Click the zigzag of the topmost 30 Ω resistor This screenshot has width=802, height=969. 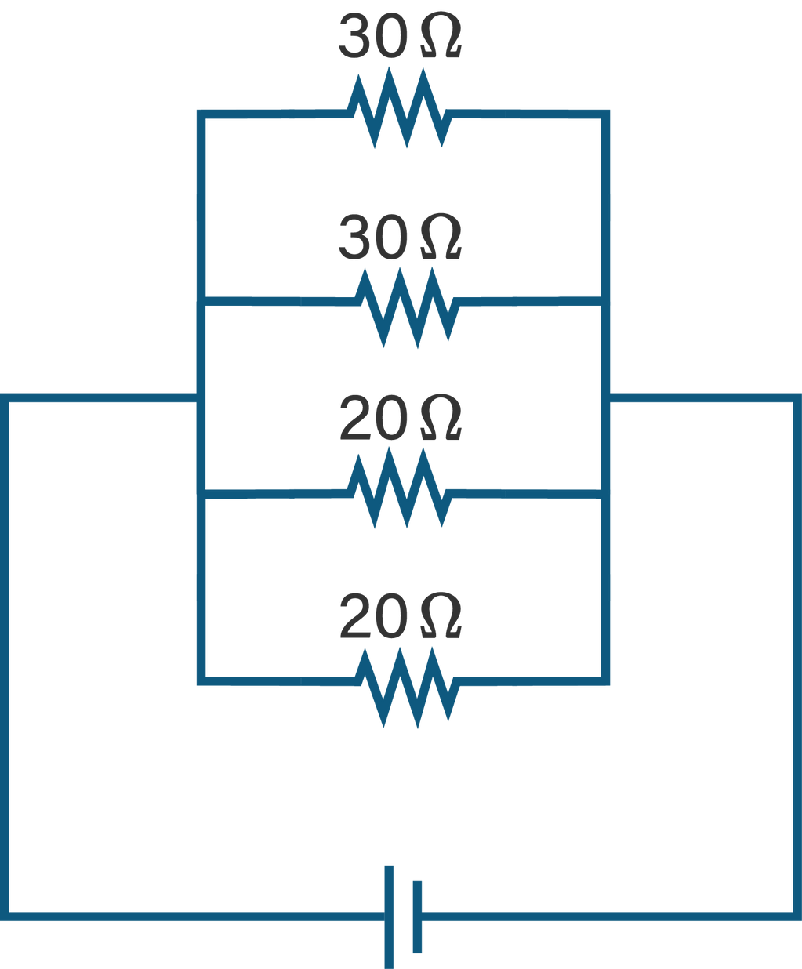(x=398, y=108)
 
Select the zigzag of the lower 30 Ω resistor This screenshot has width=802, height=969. (x=407, y=307)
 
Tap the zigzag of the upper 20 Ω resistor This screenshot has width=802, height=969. (x=398, y=488)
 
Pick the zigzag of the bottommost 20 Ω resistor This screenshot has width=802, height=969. (x=407, y=688)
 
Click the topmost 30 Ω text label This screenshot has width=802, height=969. (x=400, y=36)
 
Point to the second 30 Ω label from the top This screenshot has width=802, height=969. (x=400, y=237)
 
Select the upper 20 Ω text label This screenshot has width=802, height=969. (x=400, y=417)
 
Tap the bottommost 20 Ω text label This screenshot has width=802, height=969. (x=400, y=616)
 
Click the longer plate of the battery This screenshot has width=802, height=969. (x=389, y=917)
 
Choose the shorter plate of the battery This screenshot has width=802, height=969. (x=417, y=917)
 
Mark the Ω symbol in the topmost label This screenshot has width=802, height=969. (x=441, y=36)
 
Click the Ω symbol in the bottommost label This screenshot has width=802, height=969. (x=441, y=615)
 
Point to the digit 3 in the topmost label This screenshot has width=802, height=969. (x=355, y=36)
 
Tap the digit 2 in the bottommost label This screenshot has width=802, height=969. (x=356, y=616)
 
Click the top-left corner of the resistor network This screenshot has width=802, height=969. (x=201, y=114)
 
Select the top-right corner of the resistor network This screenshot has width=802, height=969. (x=605, y=114)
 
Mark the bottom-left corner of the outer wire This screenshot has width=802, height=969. (x=4, y=916)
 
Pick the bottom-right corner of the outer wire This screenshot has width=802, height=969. (x=797, y=916)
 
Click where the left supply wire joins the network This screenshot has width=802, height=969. (x=201, y=397)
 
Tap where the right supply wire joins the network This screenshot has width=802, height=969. (x=605, y=397)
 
